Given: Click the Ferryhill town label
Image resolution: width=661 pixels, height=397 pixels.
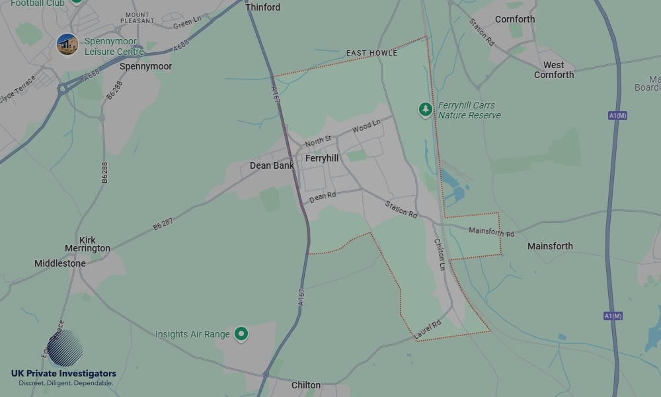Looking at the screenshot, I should [x=322, y=159].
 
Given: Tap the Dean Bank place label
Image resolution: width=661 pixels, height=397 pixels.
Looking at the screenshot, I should [x=272, y=165].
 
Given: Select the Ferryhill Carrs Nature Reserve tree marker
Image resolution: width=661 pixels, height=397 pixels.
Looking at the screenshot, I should [x=426, y=109].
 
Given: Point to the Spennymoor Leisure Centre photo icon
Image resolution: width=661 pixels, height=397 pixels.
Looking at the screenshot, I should [x=67, y=45].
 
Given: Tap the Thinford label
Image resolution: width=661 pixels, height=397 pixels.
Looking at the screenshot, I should [x=262, y=7].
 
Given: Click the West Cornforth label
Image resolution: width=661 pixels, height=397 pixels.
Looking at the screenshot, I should [x=554, y=69].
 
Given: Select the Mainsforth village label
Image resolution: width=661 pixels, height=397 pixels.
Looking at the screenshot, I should [x=550, y=246].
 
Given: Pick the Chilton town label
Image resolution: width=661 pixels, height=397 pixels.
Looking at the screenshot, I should [x=306, y=385].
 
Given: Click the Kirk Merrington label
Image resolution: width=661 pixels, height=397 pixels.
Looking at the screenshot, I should [x=87, y=244].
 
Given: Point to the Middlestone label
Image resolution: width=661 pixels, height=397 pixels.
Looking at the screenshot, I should [x=60, y=263].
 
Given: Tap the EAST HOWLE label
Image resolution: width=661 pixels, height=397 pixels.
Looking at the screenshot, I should [x=371, y=53].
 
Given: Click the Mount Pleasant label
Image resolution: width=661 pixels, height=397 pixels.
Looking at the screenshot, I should [x=137, y=18].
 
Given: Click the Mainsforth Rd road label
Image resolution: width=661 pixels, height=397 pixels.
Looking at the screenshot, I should [x=491, y=232].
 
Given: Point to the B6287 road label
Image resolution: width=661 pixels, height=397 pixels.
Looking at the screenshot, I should [x=163, y=224].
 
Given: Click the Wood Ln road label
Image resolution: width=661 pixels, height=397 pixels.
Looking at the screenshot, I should [x=367, y=126].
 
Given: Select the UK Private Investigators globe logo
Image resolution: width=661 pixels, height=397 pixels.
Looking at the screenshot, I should [x=65, y=348].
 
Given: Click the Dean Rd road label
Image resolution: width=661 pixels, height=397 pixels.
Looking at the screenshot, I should [x=323, y=197].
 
